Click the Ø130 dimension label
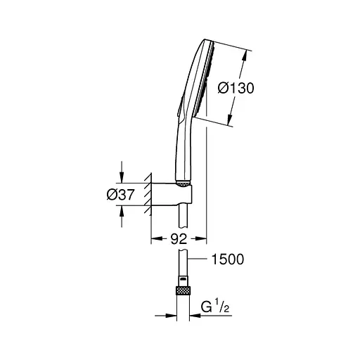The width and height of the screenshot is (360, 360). click(x=234, y=89)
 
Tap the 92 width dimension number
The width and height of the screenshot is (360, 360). click(x=181, y=238)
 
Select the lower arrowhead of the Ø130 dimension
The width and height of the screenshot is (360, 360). click(x=232, y=122)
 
